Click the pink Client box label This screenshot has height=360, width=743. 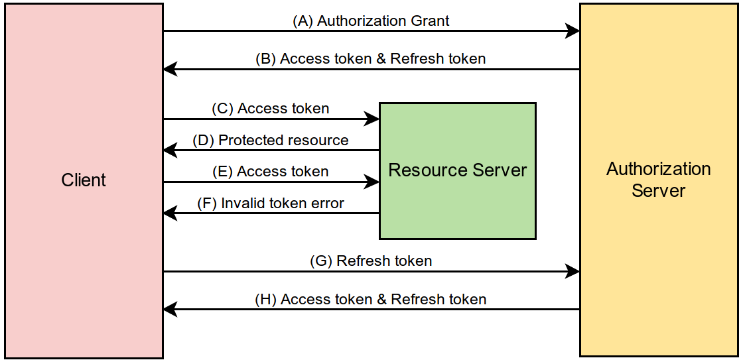[84, 180]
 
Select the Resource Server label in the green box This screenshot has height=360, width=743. [457, 170]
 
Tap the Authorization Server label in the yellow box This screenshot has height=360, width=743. [658, 180]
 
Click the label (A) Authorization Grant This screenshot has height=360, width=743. [371, 21]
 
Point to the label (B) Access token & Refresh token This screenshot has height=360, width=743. [371, 58]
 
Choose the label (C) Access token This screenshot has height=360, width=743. [270, 108]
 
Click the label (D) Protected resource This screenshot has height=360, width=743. [270, 140]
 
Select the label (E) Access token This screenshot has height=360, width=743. [270, 172]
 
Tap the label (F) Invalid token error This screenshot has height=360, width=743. [271, 203]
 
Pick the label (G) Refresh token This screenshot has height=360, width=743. [371, 261]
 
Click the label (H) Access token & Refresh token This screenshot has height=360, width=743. [371, 299]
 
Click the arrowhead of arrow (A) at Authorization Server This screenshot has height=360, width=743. [573, 30]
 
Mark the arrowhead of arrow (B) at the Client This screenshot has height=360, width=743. [170, 69]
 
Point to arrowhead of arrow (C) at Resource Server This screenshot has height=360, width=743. [372, 119]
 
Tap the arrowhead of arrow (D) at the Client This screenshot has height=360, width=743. [170, 150]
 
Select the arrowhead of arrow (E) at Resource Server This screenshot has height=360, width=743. [372, 182]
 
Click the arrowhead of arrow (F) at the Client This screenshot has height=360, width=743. [170, 213]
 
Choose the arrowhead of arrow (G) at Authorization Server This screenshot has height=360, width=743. [573, 271]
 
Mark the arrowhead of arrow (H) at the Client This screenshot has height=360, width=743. [170, 309]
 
